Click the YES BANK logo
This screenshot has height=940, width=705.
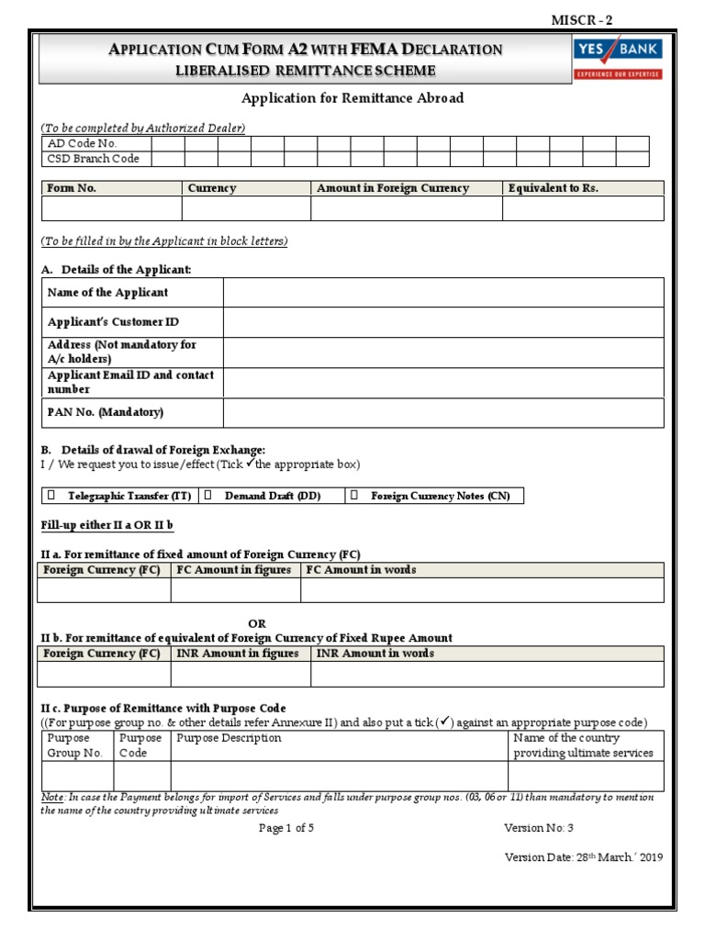617,58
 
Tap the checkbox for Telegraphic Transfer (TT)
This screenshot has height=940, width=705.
51,496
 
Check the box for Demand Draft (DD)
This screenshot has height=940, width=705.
207,496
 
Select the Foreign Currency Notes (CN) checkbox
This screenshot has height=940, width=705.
354,496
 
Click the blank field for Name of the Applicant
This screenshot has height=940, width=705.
442,293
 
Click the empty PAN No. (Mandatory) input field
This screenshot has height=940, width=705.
442,413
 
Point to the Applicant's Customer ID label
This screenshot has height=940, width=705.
113,322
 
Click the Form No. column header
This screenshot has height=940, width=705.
72,188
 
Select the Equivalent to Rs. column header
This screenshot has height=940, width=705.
553,188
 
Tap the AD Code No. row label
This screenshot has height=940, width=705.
83,144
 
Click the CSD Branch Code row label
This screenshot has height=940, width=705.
94,159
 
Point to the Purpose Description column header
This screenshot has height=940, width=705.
229,738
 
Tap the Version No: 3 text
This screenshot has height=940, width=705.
538,827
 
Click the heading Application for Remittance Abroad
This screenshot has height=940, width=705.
352,98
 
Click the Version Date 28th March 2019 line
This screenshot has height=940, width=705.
583,857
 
